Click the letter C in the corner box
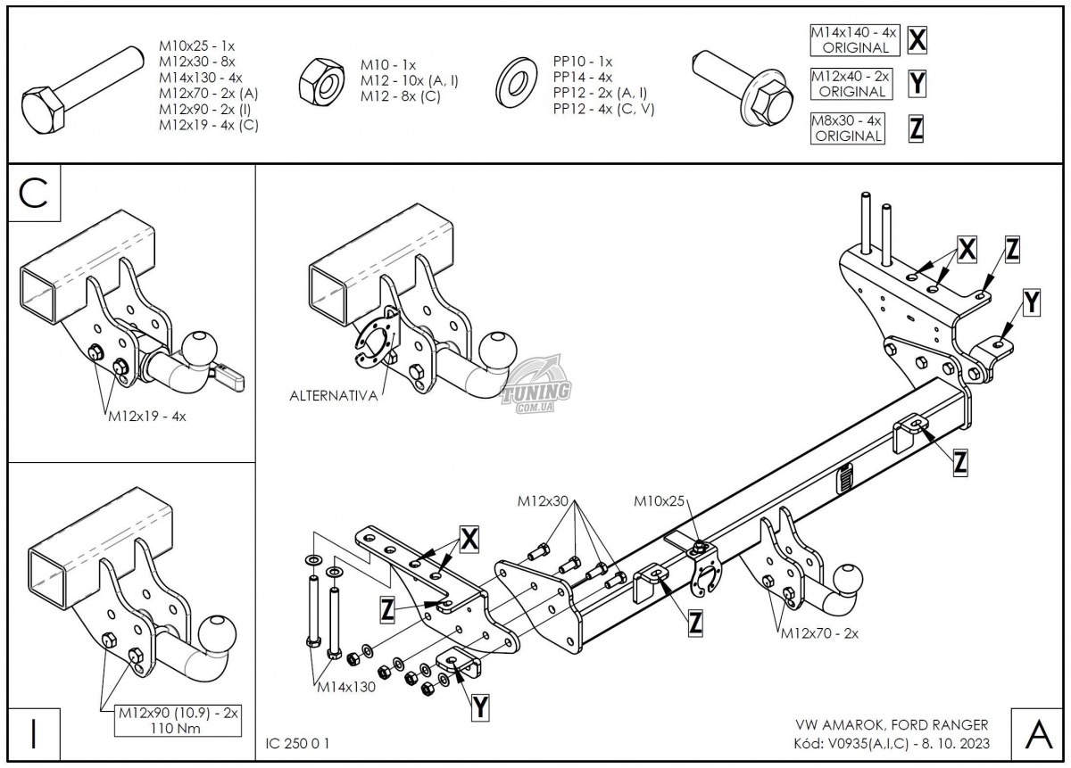click(33, 194)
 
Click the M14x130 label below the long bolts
click(345, 687)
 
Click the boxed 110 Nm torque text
click(178, 729)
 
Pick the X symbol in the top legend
click(917, 39)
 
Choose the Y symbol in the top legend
click(917, 83)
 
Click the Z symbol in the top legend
click(917, 128)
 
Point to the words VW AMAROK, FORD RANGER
click(891, 724)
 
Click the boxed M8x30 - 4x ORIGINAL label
click(845, 128)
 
